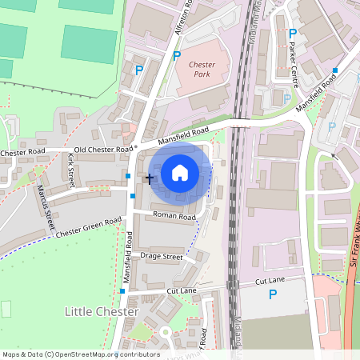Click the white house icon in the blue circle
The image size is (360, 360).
coord(180,172)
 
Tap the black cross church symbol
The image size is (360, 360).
coord(149,179)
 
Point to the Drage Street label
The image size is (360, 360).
coord(162,257)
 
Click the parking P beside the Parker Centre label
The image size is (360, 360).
coord(293,34)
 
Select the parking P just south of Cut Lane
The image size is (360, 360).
coord(273,295)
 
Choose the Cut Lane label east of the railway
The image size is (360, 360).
coord(270,282)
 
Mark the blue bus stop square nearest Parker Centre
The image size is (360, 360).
coord(334,71)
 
